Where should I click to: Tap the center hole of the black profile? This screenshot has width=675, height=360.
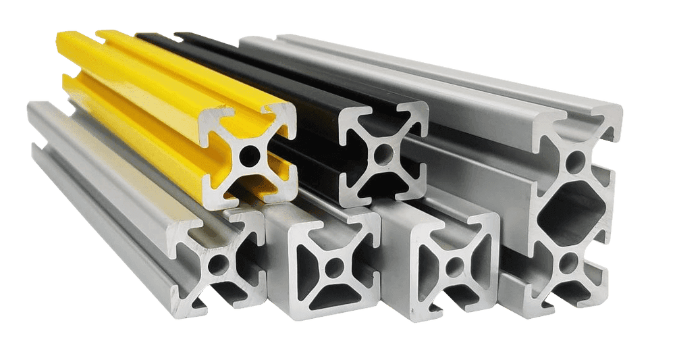click(382, 153)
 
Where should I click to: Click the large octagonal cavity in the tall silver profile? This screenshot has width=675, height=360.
click(571, 211)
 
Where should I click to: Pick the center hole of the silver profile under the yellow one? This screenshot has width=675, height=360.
click(217, 265)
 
